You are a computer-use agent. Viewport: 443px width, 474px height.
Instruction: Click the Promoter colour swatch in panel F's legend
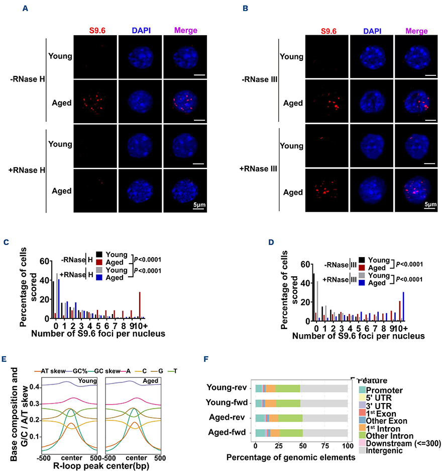pos(362,390)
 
